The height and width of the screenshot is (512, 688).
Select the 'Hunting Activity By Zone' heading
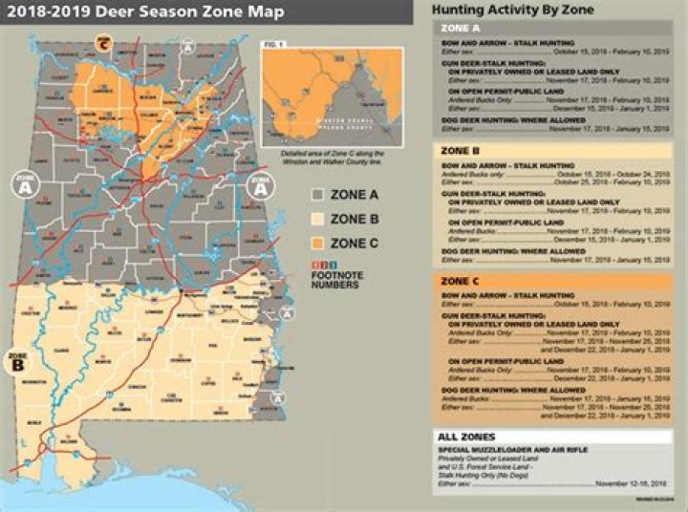512,11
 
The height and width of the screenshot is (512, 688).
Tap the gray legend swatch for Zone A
317,194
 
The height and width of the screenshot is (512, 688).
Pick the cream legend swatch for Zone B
317,219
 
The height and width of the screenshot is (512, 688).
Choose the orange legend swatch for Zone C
317,244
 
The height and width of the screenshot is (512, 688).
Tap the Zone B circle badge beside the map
18,361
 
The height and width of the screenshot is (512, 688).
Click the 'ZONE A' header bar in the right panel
554,30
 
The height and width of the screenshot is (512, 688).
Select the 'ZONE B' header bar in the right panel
554,151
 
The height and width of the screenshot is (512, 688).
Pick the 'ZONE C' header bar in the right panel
554,282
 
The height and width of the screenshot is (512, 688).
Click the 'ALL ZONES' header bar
554,436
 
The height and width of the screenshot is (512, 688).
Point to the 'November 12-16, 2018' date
628,483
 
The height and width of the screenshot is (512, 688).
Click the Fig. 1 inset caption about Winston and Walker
331,158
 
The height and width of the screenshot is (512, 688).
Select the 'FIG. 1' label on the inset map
274,44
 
